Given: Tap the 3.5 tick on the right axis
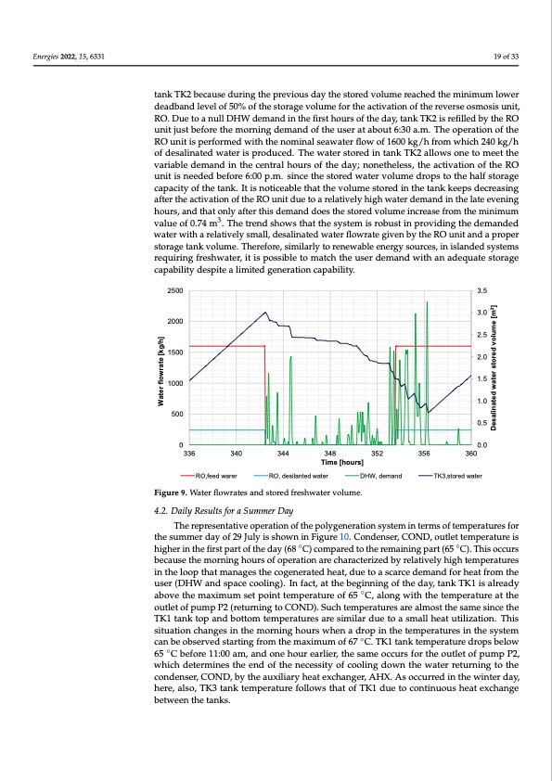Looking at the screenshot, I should pyautogui.click(x=480, y=291).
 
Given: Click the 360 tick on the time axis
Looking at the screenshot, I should pyautogui.click(x=471, y=453).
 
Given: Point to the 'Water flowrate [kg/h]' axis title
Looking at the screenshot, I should pyautogui.click(x=161, y=368).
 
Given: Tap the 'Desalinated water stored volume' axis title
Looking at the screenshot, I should pyautogui.click(x=495, y=368).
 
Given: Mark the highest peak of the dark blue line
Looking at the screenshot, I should pyautogui.click(x=266, y=313).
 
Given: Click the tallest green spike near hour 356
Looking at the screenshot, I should pyautogui.click(x=427, y=302).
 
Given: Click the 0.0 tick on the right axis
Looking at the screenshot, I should pyautogui.click(x=480, y=445).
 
